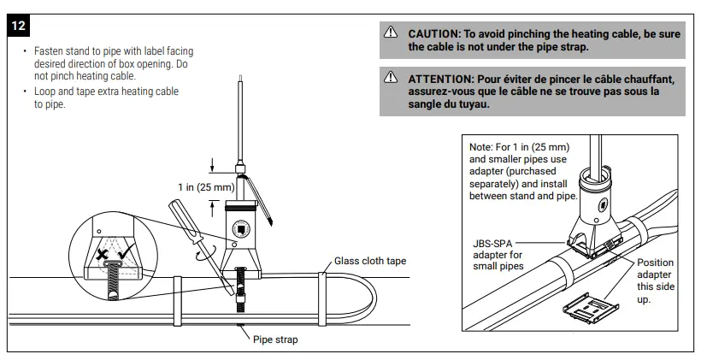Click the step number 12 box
coord(19,27)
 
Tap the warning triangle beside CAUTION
coord(391,33)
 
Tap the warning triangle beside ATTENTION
coord(391,79)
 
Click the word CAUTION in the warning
coord(434,33)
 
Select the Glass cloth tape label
coord(370,262)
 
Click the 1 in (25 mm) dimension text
coord(206,186)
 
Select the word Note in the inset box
coord(482,147)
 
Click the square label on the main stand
coord(242,229)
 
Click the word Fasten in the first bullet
coord(50,51)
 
